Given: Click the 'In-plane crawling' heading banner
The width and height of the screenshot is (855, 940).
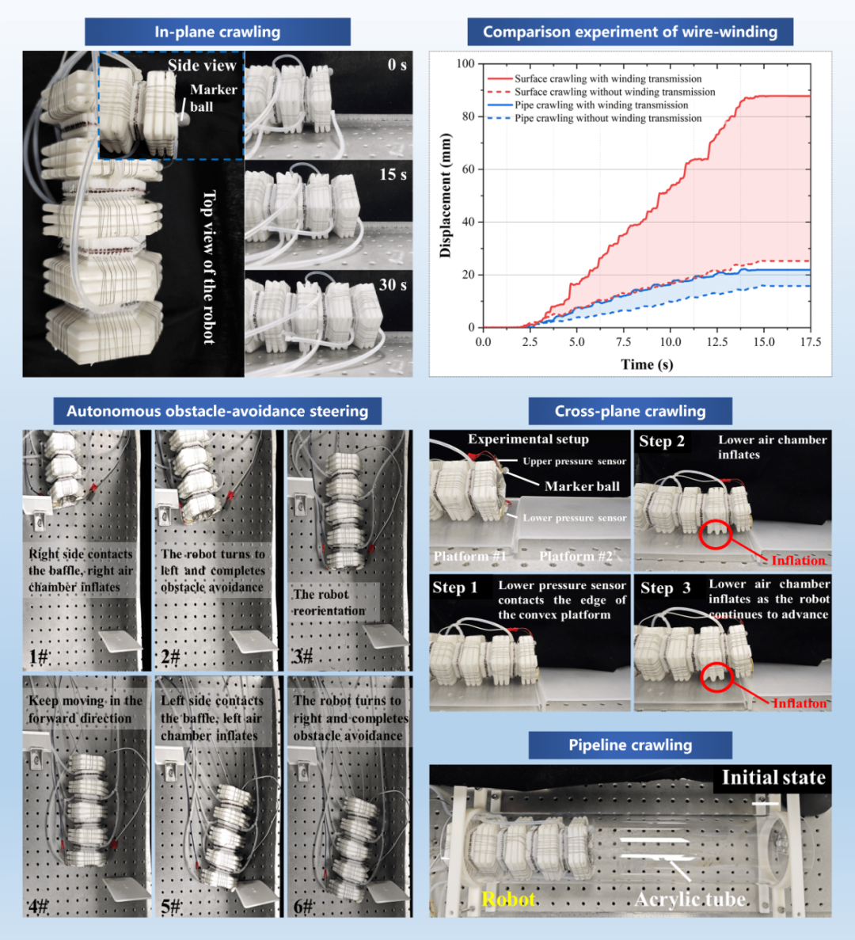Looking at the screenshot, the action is (218, 32).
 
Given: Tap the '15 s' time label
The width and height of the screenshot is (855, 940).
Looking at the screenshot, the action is (393, 174).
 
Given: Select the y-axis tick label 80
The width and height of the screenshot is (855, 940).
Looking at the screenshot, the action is (468, 116).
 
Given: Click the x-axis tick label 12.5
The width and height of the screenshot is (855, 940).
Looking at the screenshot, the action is (716, 341).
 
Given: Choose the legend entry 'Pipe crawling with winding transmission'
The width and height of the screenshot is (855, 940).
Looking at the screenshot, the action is (601, 105).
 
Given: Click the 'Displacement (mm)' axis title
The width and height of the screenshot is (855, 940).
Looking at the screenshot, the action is (445, 196).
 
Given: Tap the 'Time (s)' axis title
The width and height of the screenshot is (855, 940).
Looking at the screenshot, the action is (647, 364).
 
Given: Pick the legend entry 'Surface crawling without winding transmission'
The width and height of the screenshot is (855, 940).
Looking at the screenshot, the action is (615, 92).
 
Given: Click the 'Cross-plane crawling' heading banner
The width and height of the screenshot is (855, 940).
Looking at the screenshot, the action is (630, 411).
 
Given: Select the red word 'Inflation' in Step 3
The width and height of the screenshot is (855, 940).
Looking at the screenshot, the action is (800, 702).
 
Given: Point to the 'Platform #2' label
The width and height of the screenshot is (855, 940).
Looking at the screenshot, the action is (576, 557).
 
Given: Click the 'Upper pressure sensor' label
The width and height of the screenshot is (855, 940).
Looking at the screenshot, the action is (574, 461).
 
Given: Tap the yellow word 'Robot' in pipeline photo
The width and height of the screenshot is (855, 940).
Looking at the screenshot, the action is (508, 900).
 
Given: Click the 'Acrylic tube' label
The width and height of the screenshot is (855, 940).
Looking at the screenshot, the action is (690, 900).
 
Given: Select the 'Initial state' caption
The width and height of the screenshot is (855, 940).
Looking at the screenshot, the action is (773, 778).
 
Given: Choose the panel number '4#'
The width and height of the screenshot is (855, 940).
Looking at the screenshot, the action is (38, 906).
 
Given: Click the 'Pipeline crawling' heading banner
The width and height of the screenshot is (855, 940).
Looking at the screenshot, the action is (630, 745).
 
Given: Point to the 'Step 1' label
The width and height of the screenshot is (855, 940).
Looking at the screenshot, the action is (454, 588).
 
